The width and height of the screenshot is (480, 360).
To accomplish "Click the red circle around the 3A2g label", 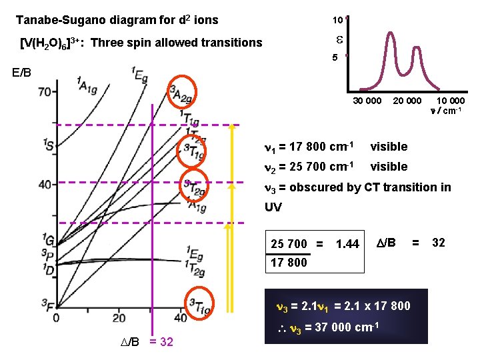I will click(181, 90).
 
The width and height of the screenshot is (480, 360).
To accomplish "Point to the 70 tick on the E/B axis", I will click(46, 91).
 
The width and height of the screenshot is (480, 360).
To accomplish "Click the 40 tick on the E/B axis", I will click(46, 184).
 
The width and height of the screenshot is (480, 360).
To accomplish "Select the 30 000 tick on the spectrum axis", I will click(367, 101).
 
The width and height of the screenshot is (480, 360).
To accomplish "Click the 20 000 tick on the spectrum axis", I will click(407, 101).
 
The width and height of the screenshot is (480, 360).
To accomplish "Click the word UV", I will click(274, 207).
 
